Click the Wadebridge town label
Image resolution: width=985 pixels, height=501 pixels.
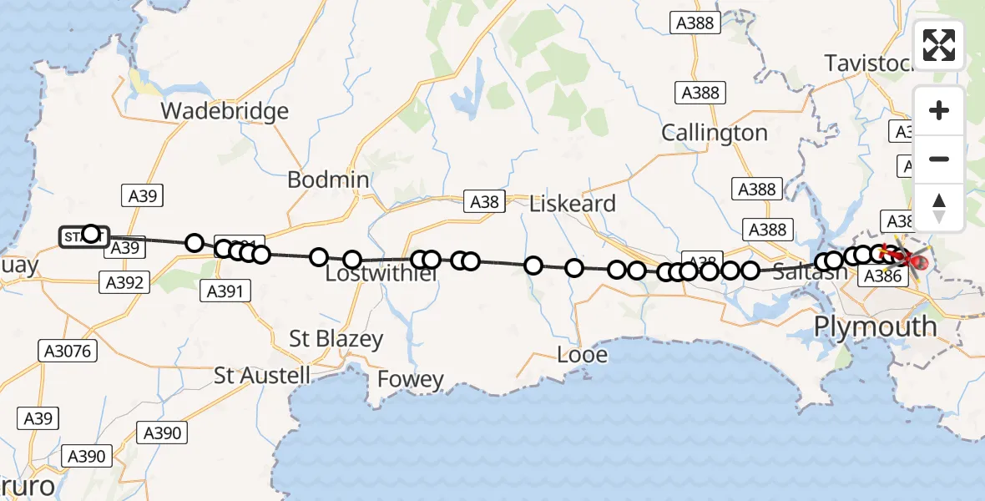(225, 111)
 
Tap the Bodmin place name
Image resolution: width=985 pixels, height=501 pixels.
(328, 180)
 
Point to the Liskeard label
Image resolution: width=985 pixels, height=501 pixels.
(573, 203)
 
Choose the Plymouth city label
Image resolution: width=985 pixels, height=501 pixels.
(876, 326)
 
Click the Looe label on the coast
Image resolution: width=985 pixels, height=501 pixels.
(583, 355)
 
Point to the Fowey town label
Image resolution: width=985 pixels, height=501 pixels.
(411, 380)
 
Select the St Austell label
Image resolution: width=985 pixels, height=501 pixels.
(262, 376)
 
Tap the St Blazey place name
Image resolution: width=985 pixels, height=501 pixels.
(336, 339)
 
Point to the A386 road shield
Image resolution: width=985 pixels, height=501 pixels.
(883, 276)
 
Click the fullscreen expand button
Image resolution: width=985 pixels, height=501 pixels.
(939, 45)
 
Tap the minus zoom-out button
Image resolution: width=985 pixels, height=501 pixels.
(939, 159)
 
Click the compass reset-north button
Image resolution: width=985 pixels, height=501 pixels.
(939, 207)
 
